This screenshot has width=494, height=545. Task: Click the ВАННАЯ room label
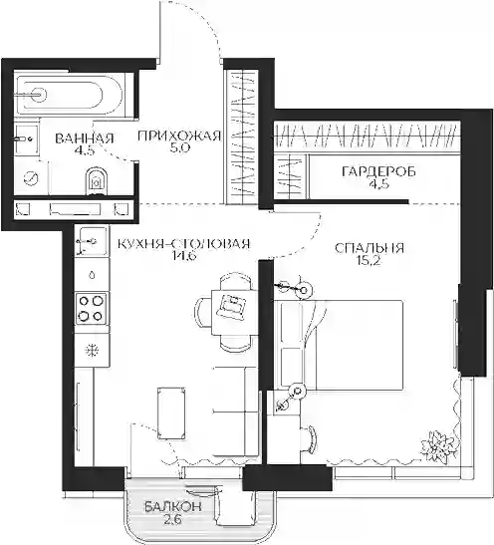click(x=85, y=138)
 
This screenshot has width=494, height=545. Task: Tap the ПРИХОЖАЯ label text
click(x=179, y=136)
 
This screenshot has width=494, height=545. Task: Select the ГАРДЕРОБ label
click(x=379, y=171)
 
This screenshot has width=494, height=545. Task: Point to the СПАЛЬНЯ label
click(x=370, y=248)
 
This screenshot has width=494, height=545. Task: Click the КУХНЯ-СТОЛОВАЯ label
click(x=184, y=244)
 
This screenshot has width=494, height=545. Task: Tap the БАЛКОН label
click(x=173, y=507)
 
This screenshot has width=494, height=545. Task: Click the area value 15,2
click(x=369, y=261)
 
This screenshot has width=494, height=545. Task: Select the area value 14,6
click(x=184, y=256)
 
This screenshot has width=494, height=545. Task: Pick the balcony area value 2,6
click(x=173, y=520)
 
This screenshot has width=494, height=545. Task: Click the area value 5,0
click(x=179, y=148)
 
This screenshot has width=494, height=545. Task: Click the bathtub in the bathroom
click(x=69, y=94)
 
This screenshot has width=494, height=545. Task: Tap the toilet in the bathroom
click(x=97, y=180)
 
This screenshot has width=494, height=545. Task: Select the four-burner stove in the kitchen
click(x=92, y=309)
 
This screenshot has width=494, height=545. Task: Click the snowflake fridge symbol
click(x=92, y=350)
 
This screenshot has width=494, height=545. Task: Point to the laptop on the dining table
click(x=232, y=306)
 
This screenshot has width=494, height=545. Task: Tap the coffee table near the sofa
click(x=170, y=413)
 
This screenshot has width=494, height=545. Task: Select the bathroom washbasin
click(x=27, y=139)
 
